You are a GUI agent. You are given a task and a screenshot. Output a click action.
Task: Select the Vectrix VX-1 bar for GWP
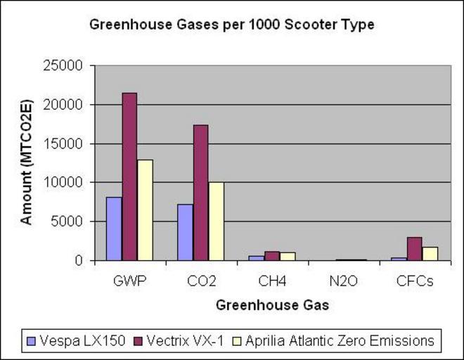129,176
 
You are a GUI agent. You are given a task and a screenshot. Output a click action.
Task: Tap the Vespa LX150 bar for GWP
114,229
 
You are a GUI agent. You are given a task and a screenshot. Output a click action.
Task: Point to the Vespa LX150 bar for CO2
185,232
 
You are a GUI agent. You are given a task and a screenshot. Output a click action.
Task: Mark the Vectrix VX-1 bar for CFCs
414,249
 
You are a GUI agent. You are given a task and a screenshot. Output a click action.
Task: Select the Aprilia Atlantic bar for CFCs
430,254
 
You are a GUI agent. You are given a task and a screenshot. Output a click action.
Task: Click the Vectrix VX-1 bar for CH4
271,256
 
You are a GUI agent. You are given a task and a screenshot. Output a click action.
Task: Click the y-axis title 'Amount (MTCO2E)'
27,163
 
